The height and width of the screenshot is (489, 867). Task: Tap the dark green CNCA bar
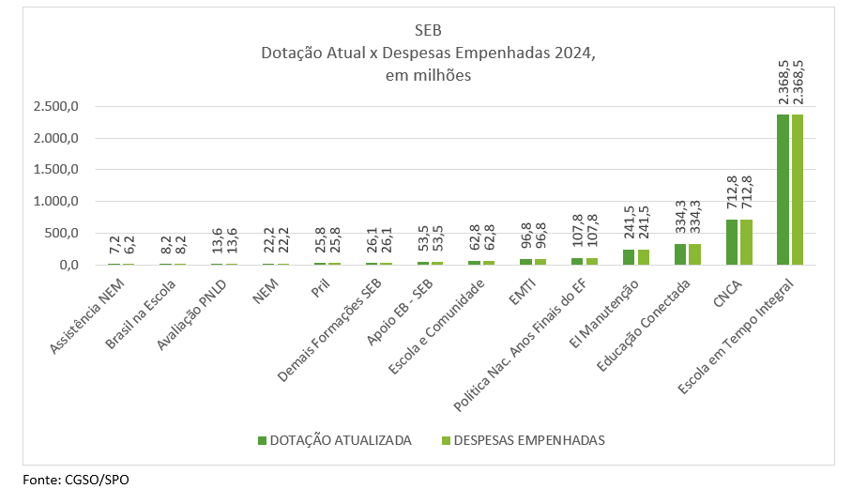(732, 242)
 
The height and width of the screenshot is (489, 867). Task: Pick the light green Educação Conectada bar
(694, 254)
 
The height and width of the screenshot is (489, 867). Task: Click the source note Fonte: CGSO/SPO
(76, 480)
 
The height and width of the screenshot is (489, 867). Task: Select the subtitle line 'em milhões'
(427, 76)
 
